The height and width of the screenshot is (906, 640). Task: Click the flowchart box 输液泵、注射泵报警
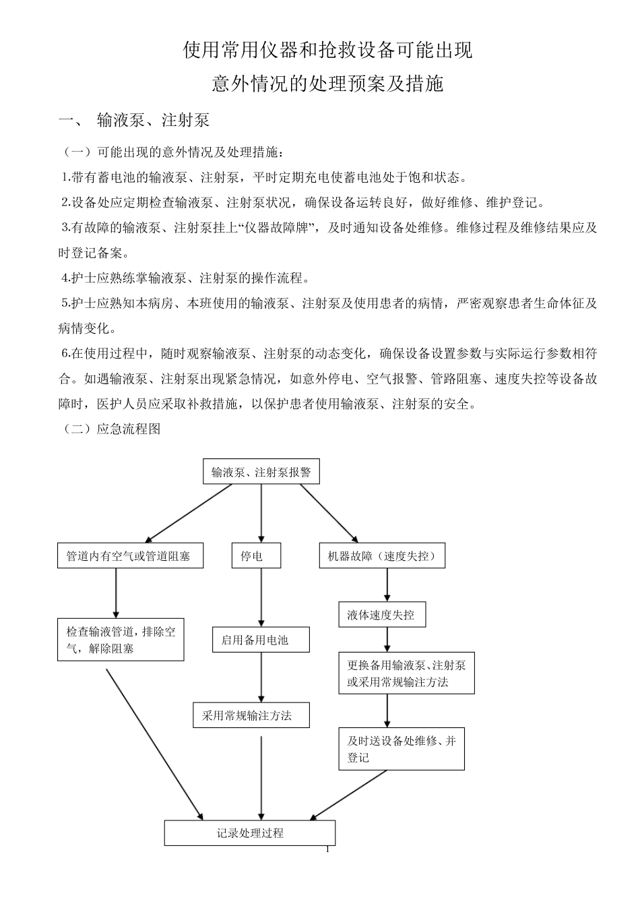pos(261,472)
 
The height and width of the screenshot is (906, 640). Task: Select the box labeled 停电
pos(256,556)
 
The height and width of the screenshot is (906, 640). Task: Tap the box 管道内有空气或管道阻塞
pos(130,556)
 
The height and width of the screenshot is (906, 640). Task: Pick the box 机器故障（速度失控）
pos(382,556)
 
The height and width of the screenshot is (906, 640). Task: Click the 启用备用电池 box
pos(261,640)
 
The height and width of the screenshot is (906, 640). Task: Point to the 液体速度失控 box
pos(382,615)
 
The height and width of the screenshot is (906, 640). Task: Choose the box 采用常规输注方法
pos(251,715)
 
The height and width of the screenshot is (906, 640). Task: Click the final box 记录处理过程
pos(250,833)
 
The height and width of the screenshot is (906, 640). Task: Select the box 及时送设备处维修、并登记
pos(402,748)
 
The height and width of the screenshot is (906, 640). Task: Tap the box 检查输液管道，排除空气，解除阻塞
pos(121,640)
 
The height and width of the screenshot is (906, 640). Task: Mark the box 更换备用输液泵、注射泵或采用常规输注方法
pos(406,673)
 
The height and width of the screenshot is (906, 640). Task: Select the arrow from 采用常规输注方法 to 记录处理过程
pos(261,775)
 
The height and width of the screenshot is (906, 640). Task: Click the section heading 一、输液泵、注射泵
pos(135,120)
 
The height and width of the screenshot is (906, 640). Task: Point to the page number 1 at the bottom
pos(327,849)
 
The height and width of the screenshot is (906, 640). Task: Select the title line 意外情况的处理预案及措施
pos(327,84)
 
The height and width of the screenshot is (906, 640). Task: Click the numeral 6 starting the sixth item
pos(65,353)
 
